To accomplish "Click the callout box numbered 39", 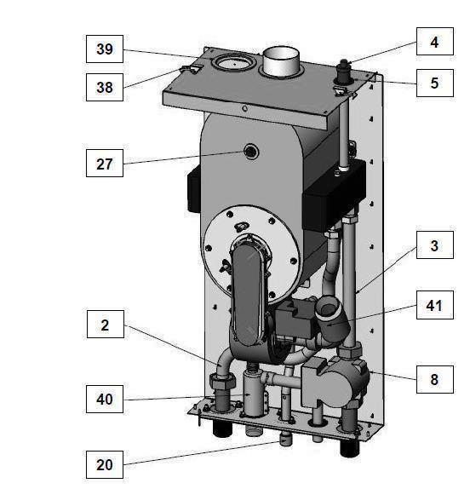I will tap(104, 49).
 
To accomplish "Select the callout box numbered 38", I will tap(104, 85).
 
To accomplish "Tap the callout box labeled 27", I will tap(104, 163).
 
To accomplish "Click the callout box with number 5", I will tap(434, 83).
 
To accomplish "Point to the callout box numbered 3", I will tap(434, 248).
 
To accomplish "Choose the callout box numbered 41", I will tap(434, 303).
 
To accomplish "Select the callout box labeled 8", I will tap(434, 378).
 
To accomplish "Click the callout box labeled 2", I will tap(104, 325).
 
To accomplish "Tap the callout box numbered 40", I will tap(104, 398).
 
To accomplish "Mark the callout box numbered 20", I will tap(104, 464).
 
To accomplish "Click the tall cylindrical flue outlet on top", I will tap(281, 62).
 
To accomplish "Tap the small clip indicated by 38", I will tap(195, 68).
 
